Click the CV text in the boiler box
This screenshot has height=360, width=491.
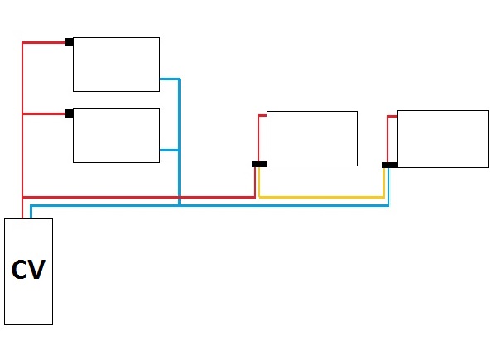pos(28,269)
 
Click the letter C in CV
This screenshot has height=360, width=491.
pos(20,269)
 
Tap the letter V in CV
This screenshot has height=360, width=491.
pos(37,269)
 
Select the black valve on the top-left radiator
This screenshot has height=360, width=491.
pos(70,42)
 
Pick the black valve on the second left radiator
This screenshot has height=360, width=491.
pos(70,113)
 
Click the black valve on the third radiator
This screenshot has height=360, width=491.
pos(260,164)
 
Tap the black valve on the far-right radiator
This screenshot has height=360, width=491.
pos(390,165)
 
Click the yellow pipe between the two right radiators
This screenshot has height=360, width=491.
pos(321,197)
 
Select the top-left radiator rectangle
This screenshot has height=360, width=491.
pos(116,65)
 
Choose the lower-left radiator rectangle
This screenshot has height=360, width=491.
pos(116,136)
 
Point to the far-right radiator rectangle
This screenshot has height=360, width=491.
pos(443,139)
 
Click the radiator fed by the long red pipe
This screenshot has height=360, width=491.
pos(312,138)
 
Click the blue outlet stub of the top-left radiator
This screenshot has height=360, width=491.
pos(169,79)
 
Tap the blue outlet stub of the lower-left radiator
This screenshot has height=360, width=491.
pos(169,151)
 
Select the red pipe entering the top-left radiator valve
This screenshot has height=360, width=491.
pos(44,42)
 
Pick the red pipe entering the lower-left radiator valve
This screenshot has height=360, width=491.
pos(44,113)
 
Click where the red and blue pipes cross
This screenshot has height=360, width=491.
pos(179,197)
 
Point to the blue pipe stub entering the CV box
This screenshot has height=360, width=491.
pos(31,212)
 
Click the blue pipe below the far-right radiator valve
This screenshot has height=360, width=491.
pos(388,187)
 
